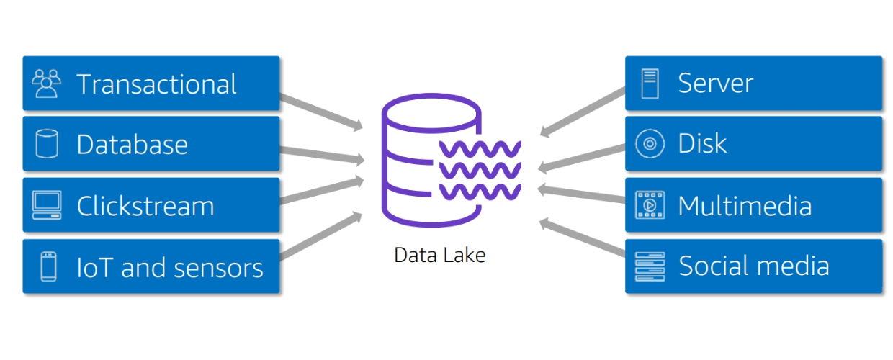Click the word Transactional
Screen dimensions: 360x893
156,84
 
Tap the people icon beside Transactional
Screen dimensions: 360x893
47,84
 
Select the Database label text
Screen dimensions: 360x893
132,145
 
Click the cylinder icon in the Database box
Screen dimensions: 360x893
47,145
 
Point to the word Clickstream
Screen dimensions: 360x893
145,206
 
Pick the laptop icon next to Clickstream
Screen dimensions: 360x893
47,205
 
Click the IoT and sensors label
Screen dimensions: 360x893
170,268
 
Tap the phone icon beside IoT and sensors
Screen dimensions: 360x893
48,266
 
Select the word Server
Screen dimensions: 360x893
715,84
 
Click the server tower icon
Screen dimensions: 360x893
650,84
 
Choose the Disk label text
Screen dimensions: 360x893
702,143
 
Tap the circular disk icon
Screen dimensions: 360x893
650,144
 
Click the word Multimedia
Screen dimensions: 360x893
745,206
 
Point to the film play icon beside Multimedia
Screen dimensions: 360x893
650,205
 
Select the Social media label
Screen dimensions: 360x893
754,266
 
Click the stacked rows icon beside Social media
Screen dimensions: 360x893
650,266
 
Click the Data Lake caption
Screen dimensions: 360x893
440,255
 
